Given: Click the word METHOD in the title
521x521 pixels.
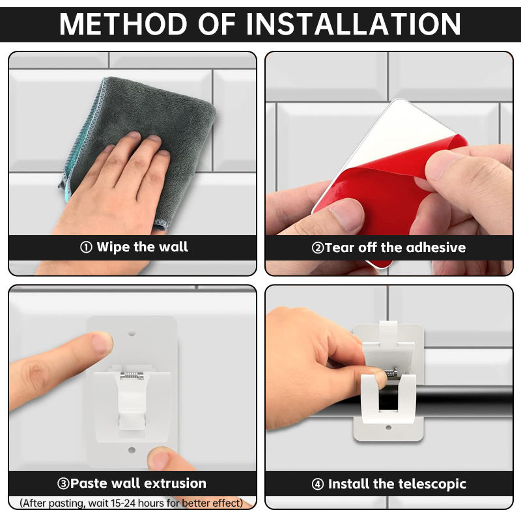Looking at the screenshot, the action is (x=123, y=24).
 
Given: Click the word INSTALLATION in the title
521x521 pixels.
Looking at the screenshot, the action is (x=353, y=24).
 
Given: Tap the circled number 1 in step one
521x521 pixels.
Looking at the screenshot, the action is (x=86, y=247).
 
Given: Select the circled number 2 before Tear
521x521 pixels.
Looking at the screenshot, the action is (x=318, y=248).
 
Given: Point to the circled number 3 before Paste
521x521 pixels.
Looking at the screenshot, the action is (x=63, y=484).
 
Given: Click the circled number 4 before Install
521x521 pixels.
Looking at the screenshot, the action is (x=318, y=484).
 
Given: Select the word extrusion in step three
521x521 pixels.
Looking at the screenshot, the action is (x=175, y=483).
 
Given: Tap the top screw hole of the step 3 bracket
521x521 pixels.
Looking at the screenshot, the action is (x=132, y=332).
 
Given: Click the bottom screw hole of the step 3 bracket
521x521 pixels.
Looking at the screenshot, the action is (x=132, y=450).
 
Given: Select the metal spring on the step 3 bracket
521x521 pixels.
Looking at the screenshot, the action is (x=132, y=375).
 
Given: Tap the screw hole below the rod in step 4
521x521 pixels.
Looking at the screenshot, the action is (x=388, y=428).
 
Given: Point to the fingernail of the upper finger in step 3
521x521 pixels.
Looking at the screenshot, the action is (x=102, y=343).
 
